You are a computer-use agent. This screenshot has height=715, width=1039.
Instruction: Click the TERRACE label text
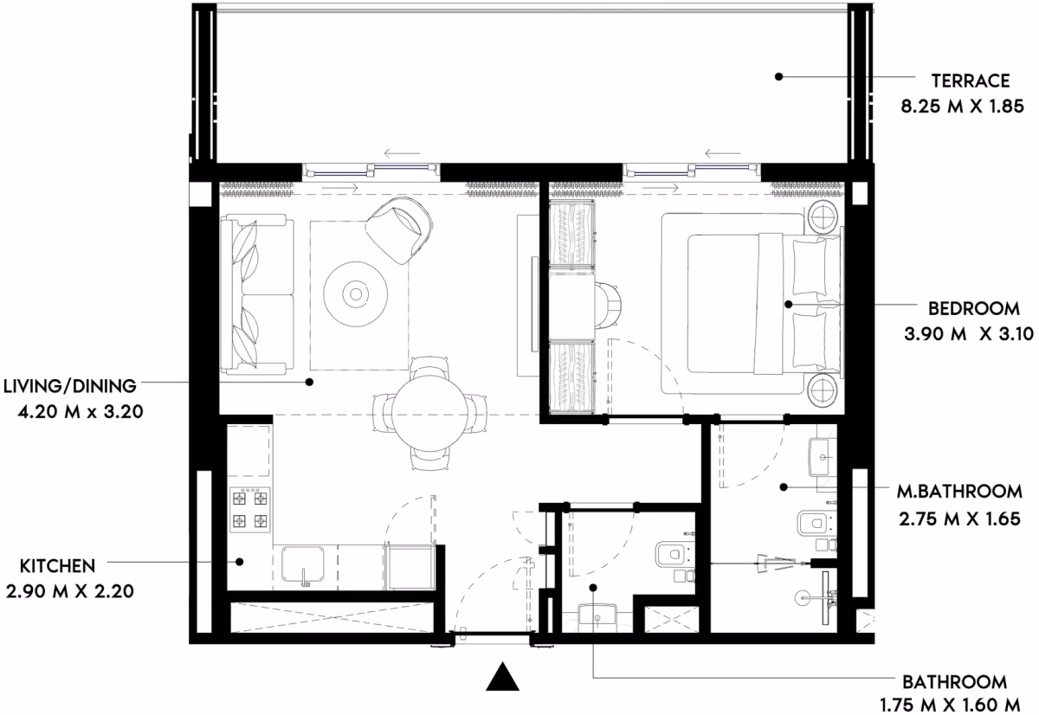(x=971, y=81)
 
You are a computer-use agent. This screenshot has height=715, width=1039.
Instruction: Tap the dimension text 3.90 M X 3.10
(x=969, y=334)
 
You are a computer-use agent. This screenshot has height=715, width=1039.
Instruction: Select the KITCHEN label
(x=57, y=566)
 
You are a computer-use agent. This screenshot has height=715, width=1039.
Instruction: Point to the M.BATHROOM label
(x=959, y=492)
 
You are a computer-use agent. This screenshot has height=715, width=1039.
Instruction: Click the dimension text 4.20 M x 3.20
(x=81, y=411)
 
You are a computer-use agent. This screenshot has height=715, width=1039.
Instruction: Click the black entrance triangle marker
(x=502, y=677)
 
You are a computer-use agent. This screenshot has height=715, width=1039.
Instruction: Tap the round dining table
(x=429, y=415)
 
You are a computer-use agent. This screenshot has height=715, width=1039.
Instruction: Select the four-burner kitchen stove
(x=249, y=510)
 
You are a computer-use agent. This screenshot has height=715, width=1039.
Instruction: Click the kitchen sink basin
(x=303, y=564)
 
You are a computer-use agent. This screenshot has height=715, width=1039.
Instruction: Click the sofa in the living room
(x=257, y=294)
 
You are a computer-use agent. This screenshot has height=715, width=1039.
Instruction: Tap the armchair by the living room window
(x=399, y=229)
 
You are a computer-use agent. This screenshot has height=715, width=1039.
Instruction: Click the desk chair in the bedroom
(x=608, y=306)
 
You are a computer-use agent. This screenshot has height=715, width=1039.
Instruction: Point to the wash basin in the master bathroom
(x=823, y=457)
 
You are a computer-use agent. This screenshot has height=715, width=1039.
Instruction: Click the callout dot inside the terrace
(x=778, y=76)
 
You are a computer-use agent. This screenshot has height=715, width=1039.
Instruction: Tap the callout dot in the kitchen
(x=239, y=562)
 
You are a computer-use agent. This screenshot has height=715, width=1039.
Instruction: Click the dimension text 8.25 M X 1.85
(x=962, y=106)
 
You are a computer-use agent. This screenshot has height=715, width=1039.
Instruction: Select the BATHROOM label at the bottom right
(x=954, y=682)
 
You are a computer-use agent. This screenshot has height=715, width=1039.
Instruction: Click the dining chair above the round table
(x=429, y=367)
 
